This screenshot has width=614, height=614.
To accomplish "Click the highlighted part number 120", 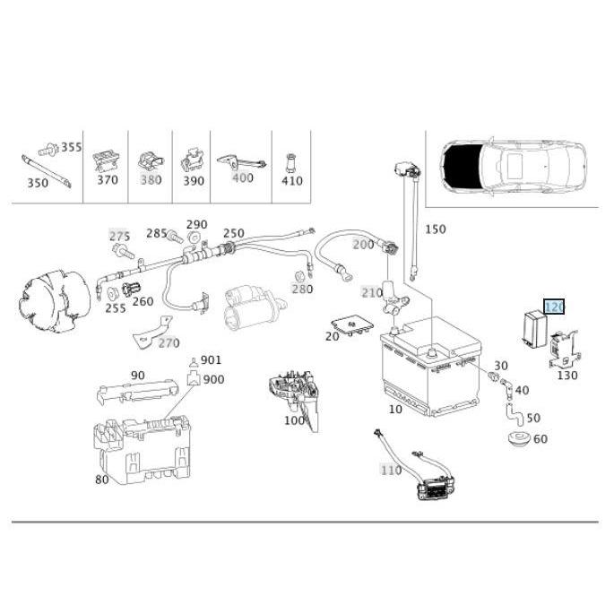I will pos(554,307).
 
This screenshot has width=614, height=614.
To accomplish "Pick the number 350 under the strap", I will pos(37,183).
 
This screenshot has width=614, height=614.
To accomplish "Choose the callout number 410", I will pos(291,180).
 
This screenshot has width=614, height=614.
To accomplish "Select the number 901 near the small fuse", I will pos(211,359).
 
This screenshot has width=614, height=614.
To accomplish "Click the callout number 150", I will pos(435,229).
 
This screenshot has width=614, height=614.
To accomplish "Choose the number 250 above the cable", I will pos(233,233).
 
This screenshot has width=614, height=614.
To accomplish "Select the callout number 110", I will pos(391,470).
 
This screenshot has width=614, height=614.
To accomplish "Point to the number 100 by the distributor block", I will pos(294,420).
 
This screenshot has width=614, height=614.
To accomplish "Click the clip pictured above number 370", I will pos(106,159).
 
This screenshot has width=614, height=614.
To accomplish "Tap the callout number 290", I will pos(196,224).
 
